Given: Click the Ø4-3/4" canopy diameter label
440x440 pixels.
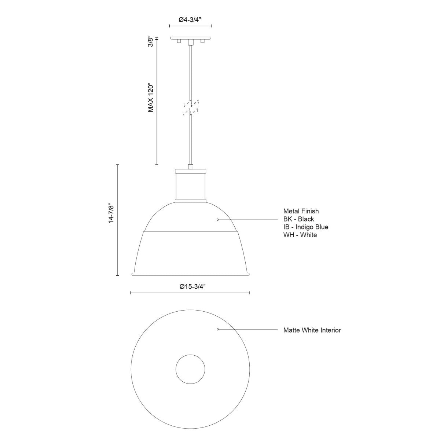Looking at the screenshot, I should [190, 21].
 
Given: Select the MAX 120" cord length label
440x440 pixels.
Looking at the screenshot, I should [150, 98].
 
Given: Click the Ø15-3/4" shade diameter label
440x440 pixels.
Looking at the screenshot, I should [190, 287].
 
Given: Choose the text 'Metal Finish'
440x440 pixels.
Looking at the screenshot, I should [301, 211].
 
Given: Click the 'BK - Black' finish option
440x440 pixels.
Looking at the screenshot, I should [298, 219].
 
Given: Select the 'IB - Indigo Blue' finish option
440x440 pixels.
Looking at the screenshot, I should [306, 227].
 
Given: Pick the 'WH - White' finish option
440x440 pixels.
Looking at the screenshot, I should [300, 235].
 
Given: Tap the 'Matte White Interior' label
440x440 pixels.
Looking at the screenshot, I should [312, 330].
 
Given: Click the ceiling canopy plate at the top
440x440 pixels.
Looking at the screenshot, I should [190, 38].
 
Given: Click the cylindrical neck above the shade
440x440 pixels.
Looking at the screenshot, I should [190, 186].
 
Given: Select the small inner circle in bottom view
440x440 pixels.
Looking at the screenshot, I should [190, 369].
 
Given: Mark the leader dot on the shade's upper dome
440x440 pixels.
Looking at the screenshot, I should [218, 219].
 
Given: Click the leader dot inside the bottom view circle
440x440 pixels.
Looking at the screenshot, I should [218, 330].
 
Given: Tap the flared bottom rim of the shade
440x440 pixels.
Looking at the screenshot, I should [190, 274].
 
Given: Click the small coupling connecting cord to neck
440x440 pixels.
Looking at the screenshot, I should [190, 167].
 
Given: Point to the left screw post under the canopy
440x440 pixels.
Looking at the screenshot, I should [179, 42].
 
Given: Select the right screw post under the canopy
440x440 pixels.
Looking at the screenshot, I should [202, 42].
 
